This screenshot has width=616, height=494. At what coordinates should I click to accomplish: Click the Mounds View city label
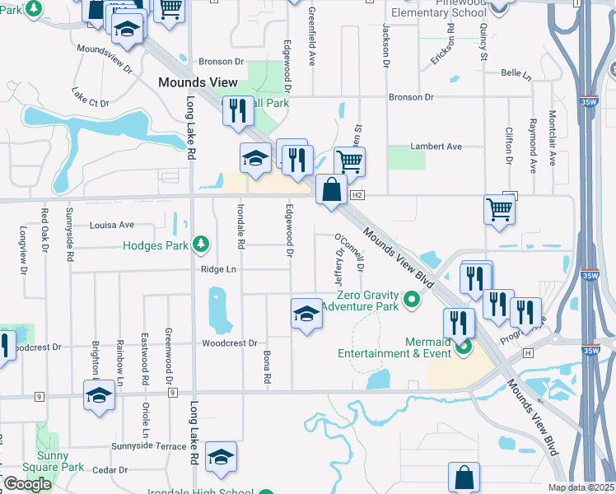(198, 82)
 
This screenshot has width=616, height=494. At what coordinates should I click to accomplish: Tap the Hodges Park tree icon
(200, 244)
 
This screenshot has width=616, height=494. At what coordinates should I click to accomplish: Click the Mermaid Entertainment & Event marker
(463, 347)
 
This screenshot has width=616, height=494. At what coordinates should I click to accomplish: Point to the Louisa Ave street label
(111, 224)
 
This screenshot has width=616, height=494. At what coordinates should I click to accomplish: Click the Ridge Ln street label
(217, 269)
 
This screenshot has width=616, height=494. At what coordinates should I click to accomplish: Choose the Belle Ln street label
(516, 73)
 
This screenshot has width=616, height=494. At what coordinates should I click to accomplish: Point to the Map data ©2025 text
(581, 487)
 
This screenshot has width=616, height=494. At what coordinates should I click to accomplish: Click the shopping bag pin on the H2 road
(331, 191)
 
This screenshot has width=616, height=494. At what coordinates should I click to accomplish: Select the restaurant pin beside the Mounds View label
(237, 111)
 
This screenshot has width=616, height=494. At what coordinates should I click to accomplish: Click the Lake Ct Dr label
(90, 97)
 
